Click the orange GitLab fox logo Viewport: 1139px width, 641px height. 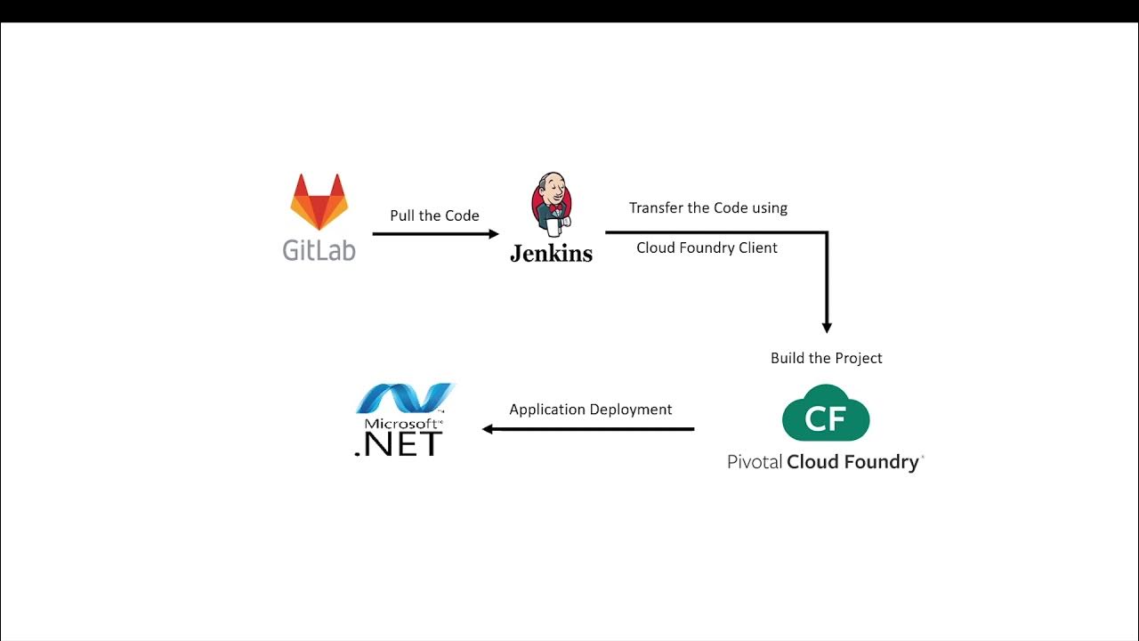coord(319,203)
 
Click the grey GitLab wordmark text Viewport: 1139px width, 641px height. coord(319,249)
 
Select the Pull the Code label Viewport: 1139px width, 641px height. coord(434,215)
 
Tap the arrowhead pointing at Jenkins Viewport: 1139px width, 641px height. coord(494,234)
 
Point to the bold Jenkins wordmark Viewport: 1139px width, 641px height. coord(551,253)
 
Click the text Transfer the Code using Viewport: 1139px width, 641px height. coord(708,207)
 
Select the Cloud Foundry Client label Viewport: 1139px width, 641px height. coord(707,247)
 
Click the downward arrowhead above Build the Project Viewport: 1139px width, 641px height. coord(827,327)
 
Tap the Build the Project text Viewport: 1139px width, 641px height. coord(826,358)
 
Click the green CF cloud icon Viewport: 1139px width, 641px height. coord(826,414)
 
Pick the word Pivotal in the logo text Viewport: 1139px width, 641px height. coord(755,462)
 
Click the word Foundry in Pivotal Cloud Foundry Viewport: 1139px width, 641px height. coord(882,462)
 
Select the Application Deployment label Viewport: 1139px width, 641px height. coord(590,410)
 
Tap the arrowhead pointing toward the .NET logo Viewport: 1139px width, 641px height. coord(488,429)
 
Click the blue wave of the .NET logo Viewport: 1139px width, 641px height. coord(405,398)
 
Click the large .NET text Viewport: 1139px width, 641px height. coord(399,443)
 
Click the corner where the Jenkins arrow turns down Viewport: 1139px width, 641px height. coord(827,233)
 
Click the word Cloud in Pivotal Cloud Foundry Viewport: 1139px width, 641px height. coord(813,462)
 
